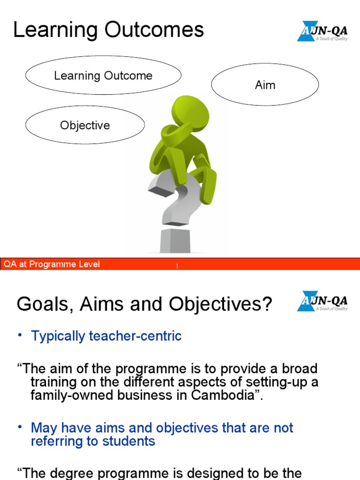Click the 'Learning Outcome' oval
coord(103,75)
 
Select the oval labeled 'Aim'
coord(265,84)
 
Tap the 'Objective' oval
coord(85,125)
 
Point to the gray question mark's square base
coord(175,240)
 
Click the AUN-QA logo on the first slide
coord(322,31)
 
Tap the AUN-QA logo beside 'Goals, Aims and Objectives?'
coord(322,301)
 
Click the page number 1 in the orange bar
coord(177,266)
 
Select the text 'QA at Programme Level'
coord(52,264)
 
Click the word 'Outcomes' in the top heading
coord(154,30)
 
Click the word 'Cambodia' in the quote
coord(223,395)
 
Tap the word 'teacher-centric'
coord(135,336)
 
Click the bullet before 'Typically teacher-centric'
coord(20,335)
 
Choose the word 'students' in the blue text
coord(128,441)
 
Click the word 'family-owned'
coord(72,395)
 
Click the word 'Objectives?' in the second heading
coord(220,304)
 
